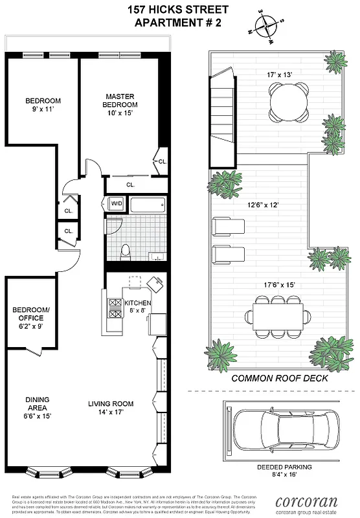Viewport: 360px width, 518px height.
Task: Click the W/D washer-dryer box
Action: pyautogui.click(x=117, y=204)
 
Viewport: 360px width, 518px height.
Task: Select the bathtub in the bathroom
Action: pyautogui.click(x=148, y=205)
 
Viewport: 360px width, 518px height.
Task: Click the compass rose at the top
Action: pyautogui.click(x=265, y=27)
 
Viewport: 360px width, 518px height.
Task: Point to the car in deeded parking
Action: pyautogui.click(x=276, y=428)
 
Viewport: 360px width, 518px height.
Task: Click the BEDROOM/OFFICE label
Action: pyautogui.click(x=28, y=314)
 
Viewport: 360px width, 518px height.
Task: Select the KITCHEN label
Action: pyautogui.click(x=137, y=303)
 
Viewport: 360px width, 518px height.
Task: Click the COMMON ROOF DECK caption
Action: pyautogui.click(x=280, y=378)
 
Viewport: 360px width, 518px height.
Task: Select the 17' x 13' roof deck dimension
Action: pyautogui.click(x=279, y=74)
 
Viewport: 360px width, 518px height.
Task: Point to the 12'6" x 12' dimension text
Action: pyautogui.click(x=260, y=205)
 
